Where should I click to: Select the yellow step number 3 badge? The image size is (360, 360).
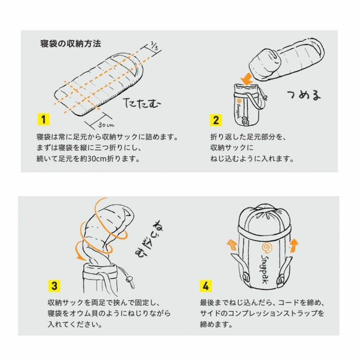(x=54, y=286)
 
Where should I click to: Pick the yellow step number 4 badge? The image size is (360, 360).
(x=206, y=286)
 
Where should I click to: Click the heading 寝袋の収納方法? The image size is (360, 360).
(x=71, y=44)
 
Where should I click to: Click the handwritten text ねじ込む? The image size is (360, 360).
(x=146, y=237)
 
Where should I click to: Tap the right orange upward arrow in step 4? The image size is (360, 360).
(x=294, y=245)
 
